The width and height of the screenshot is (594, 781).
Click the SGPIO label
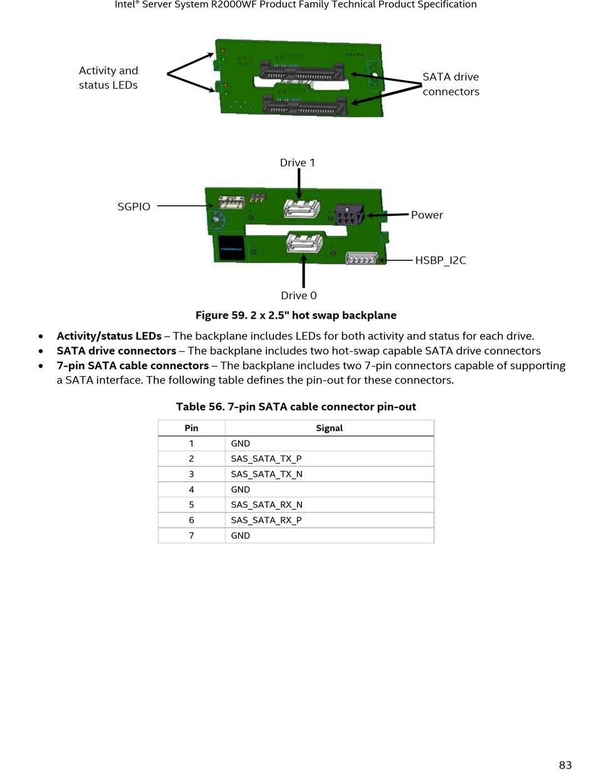(134, 207)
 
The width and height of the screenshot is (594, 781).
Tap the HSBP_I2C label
(440, 260)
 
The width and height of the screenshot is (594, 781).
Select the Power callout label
(427, 215)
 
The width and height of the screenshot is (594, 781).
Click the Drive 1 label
(298, 163)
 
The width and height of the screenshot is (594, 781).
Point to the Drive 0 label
(299, 295)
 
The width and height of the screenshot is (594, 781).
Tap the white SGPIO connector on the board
(231, 202)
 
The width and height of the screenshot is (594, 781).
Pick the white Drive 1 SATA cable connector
(302, 208)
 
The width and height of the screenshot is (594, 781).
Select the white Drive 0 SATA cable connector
(305, 242)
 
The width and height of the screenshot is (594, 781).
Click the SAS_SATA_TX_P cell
(329, 459)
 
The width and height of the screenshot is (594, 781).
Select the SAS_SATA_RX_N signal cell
(329, 504)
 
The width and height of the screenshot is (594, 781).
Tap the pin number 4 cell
(191, 489)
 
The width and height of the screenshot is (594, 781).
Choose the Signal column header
(329, 428)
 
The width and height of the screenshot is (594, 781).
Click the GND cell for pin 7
(329, 536)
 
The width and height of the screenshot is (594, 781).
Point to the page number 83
(565, 765)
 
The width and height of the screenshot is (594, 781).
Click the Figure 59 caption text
(296, 315)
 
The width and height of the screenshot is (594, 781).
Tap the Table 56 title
(296, 407)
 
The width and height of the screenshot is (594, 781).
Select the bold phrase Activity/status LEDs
(109, 336)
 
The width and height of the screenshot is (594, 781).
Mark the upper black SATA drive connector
(301, 71)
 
